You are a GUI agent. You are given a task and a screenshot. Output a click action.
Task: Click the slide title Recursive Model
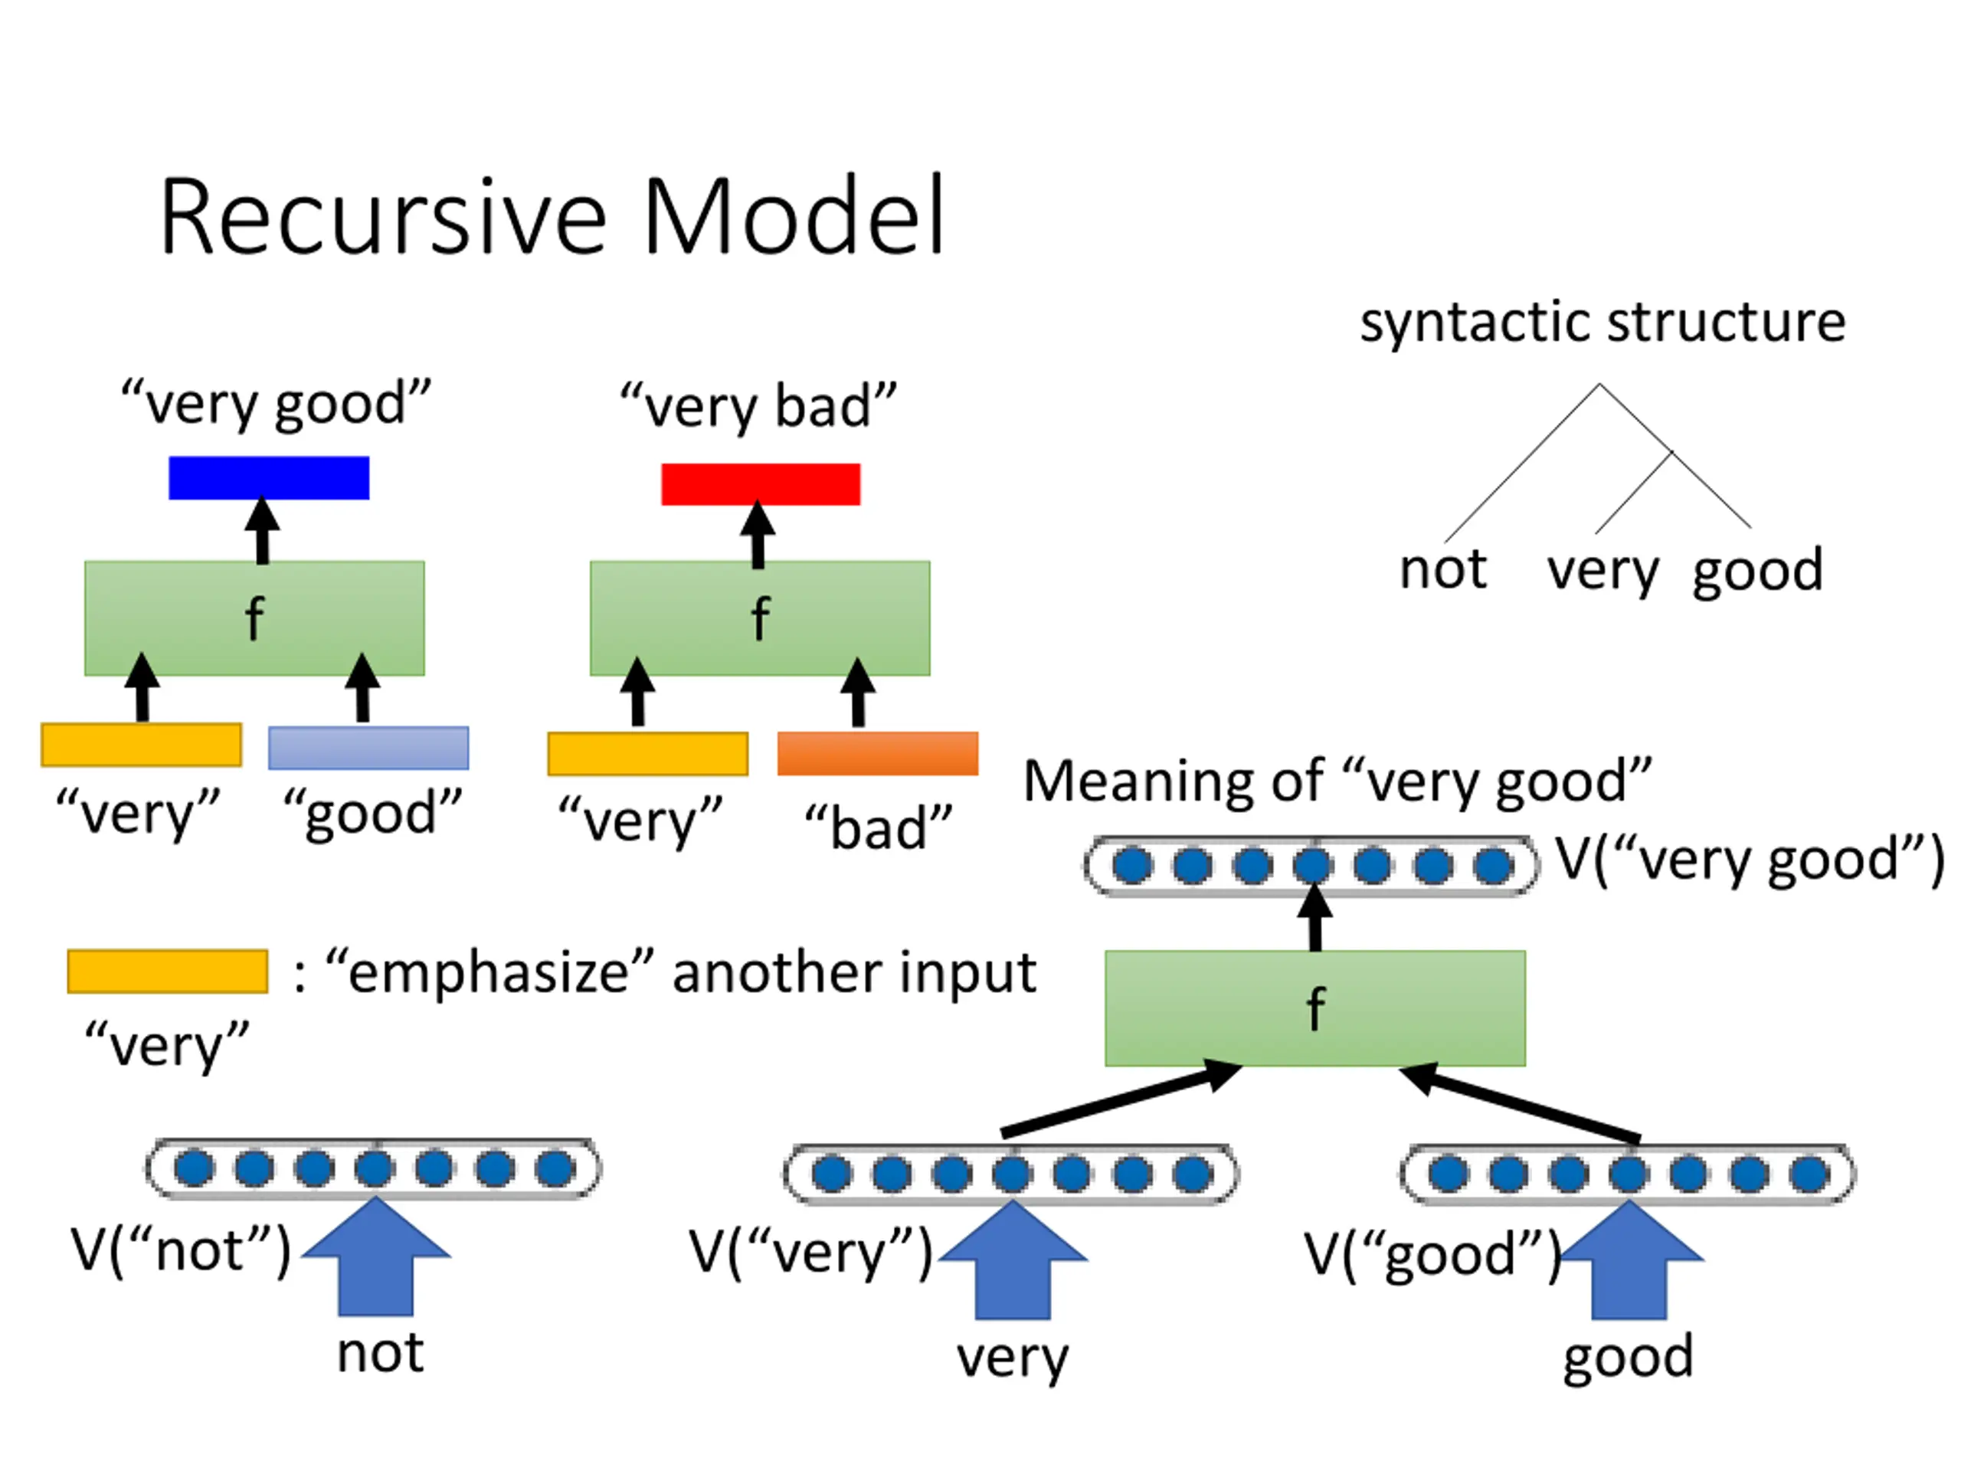coord(552,218)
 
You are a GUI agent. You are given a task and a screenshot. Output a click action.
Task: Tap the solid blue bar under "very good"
coord(269,478)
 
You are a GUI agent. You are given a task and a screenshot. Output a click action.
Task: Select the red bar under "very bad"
coord(761,484)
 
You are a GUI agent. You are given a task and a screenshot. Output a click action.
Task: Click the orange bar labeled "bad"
coord(878,753)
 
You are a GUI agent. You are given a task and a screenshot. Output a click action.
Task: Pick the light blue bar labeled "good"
coord(368,748)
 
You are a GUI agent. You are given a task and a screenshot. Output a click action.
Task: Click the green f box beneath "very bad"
coord(760,618)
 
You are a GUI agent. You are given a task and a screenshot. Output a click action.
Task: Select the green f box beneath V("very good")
coord(1314,1008)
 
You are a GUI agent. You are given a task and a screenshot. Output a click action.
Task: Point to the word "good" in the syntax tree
coord(1757,570)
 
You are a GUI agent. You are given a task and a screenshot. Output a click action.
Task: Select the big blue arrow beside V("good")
coord(1629,1261)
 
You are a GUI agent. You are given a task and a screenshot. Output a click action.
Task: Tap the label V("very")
coord(810,1252)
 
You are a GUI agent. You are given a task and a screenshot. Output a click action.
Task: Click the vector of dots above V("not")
coord(373,1168)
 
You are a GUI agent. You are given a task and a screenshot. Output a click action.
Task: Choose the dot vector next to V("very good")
coord(1312,866)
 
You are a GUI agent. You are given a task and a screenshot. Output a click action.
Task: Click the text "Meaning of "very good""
coord(1337,781)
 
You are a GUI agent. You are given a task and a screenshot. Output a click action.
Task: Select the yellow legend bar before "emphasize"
coord(168,971)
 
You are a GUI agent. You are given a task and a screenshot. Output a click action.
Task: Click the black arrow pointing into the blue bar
coord(263,531)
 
